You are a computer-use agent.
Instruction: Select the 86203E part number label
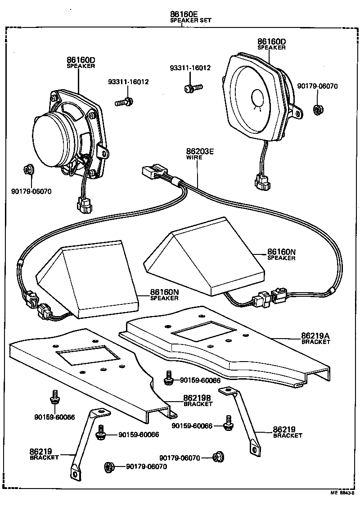click(200, 151)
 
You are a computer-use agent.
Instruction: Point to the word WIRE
click(194, 158)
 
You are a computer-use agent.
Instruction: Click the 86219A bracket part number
click(315, 336)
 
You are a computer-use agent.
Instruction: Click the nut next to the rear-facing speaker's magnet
click(28, 170)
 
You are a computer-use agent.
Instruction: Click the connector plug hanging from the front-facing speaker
click(261, 182)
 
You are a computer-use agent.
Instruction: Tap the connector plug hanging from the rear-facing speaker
click(84, 206)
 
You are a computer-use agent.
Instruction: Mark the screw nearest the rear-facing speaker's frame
click(123, 103)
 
